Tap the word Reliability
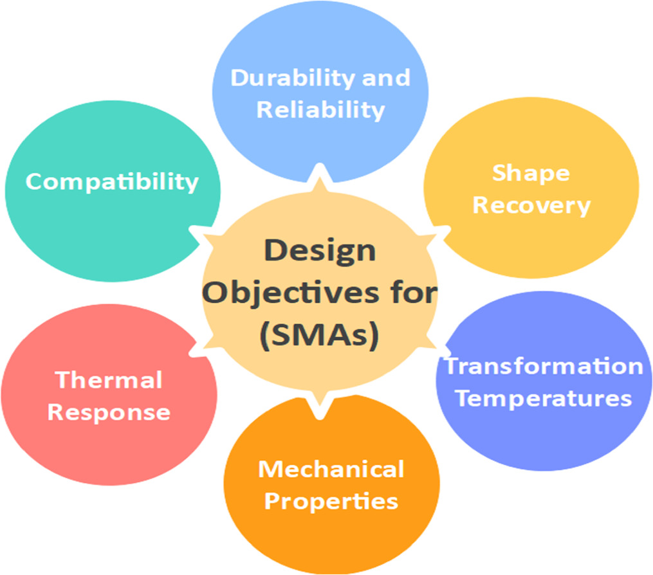click(320, 109)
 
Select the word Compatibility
click(112, 181)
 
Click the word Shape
click(531, 173)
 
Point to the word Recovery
click(531, 206)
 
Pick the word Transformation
click(544, 366)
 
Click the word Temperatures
click(544, 398)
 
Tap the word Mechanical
click(331, 469)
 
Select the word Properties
click(331, 501)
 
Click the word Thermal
click(109, 379)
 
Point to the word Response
click(109, 412)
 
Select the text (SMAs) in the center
click(320, 336)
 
